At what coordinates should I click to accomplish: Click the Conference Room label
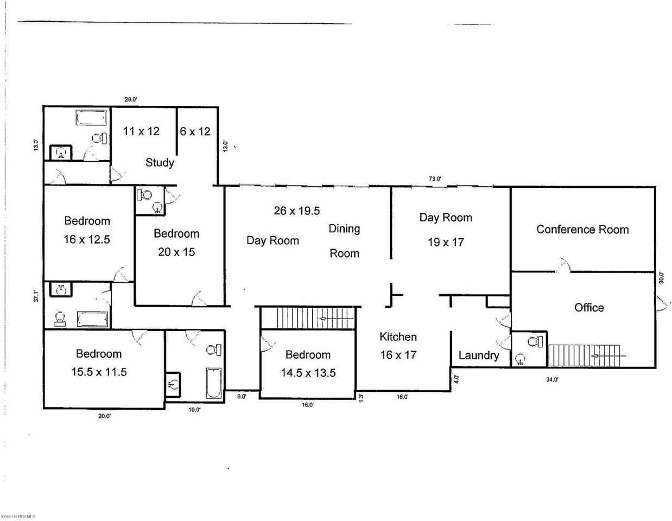[x=582, y=230]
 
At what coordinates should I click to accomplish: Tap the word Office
[x=589, y=308]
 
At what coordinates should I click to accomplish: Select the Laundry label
[x=479, y=355]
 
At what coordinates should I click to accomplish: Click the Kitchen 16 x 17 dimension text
[x=398, y=355]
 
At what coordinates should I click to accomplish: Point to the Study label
[x=160, y=162]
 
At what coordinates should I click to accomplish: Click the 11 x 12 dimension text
[x=141, y=131]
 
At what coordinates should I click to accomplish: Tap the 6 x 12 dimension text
[x=195, y=131]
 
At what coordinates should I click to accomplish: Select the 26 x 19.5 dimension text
[x=297, y=211]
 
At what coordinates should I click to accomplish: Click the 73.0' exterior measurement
[x=435, y=179]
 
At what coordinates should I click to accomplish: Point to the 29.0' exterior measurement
[x=131, y=99]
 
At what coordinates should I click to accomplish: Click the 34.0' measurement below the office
[x=552, y=380]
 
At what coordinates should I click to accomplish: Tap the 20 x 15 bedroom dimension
[x=176, y=252]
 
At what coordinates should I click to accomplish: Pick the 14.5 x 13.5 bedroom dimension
[x=308, y=373]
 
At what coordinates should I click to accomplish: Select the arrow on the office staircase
[x=608, y=356]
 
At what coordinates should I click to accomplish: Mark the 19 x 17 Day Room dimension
[x=446, y=243]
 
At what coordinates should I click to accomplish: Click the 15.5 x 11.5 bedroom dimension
[x=99, y=372]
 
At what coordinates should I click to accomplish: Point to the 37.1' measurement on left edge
[x=36, y=296]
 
